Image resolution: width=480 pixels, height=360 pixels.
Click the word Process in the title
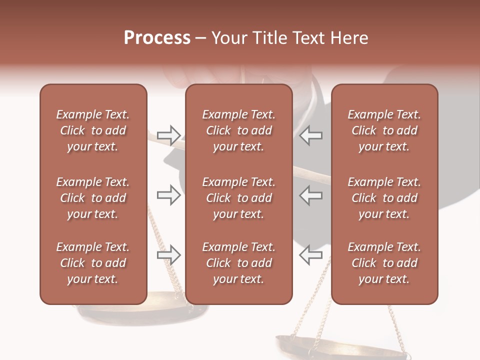click(157, 38)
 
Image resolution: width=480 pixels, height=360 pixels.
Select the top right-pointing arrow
click(168, 135)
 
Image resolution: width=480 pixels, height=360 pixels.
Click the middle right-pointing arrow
click(168, 195)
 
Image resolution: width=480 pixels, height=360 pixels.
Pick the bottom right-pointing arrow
click(168, 255)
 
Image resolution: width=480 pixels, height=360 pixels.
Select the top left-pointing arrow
click(310, 135)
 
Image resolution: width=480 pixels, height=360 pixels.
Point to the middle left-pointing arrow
click(310, 195)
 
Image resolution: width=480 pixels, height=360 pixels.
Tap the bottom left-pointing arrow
click(310, 255)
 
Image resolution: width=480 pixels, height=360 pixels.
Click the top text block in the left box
click(93, 130)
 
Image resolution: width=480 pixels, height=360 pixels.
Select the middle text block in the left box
click(93, 198)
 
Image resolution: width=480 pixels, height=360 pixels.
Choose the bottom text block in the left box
click(93, 263)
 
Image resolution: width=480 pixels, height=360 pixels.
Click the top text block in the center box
click(238, 130)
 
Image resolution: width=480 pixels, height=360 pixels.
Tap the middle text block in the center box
click(238, 198)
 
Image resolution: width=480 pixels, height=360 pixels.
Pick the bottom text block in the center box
click(238, 263)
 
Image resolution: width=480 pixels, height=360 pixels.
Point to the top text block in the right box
click(384, 130)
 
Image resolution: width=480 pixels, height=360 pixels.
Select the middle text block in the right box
click(384, 198)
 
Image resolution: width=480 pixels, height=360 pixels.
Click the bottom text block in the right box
click(384, 263)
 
